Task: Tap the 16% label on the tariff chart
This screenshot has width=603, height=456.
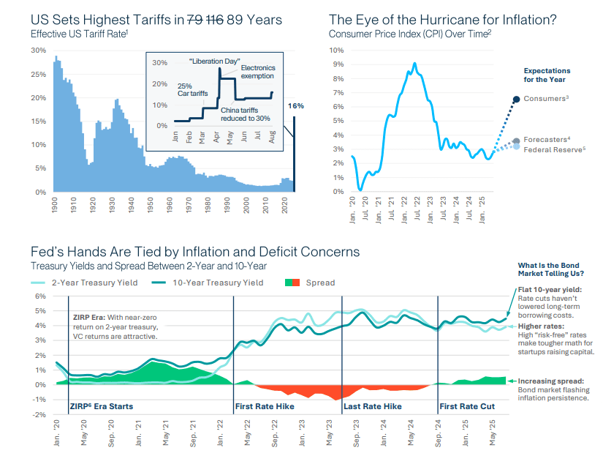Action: coord(295,106)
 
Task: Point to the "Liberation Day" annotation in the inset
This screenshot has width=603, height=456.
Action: coord(214,61)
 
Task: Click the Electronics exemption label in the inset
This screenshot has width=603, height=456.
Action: coord(257,72)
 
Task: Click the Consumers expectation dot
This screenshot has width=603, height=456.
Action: coord(516,99)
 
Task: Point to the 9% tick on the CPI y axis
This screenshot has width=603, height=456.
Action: coord(338,64)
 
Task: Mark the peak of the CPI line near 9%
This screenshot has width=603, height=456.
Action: coord(414,64)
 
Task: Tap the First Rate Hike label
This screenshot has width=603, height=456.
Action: coord(266,405)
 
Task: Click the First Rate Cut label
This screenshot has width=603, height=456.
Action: coord(466,405)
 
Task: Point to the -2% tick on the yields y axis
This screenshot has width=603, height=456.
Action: coord(40,414)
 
